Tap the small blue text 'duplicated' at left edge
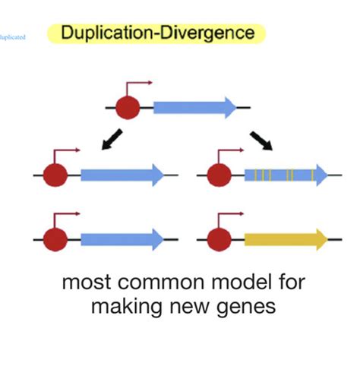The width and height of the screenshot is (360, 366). click(x=13, y=36)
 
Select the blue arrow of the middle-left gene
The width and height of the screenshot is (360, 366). click(x=122, y=175)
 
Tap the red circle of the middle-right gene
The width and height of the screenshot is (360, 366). click(x=220, y=175)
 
